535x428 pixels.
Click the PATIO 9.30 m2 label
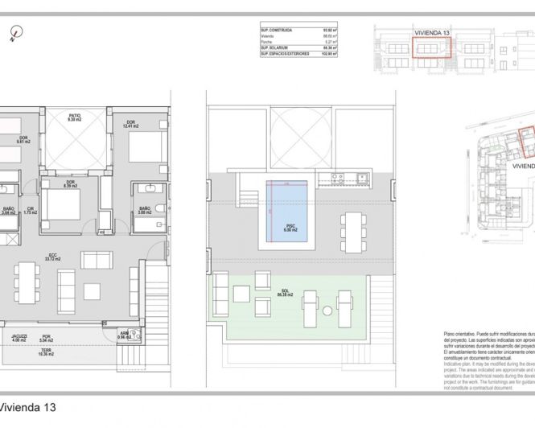(74, 119)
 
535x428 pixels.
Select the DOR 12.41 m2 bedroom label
(131, 125)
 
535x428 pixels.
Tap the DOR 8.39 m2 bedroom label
(71, 183)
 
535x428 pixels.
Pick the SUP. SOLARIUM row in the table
(297, 48)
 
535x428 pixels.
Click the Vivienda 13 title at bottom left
(27, 408)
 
